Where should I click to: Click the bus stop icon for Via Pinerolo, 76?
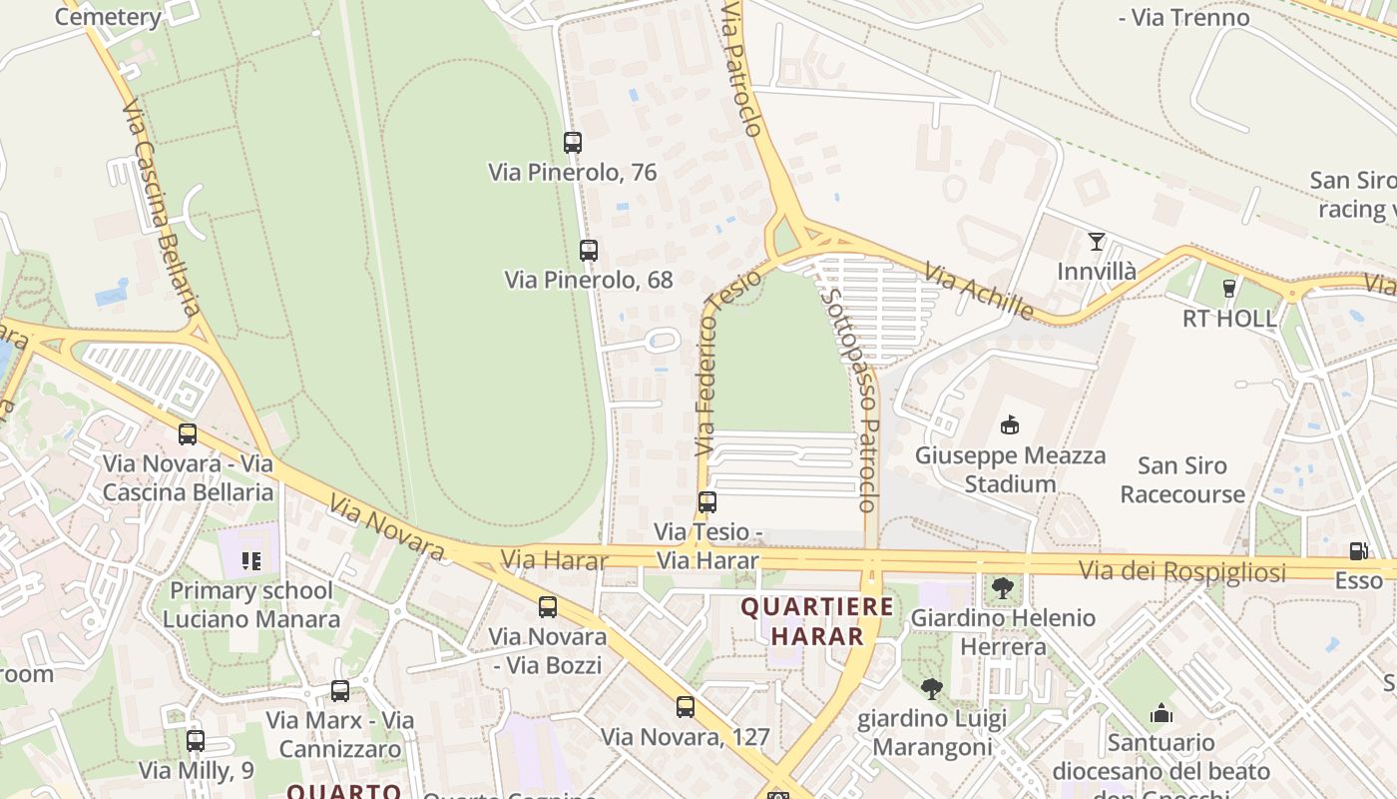(572, 143)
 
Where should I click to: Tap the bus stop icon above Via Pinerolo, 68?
(589, 251)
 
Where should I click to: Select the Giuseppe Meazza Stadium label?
(1010, 470)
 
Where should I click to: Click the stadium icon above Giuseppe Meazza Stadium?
(1010, 425)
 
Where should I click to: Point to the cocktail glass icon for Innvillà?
(1097, 242)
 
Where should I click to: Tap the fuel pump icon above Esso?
(1358, 551)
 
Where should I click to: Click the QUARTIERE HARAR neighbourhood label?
(816, 621)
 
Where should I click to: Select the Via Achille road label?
(979, 292)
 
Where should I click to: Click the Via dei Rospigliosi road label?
(1181, 571)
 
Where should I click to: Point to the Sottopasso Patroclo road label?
(849, 399)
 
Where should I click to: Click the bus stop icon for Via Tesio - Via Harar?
(707, 502)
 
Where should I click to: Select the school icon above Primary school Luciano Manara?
(250, 561)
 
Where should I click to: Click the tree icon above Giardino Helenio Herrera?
(1003, 588)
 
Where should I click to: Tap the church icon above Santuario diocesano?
(1161, 713)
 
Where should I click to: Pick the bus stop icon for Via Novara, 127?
(685, 707)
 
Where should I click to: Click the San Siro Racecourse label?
(1182, 479)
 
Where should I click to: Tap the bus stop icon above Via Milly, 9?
(196, 741)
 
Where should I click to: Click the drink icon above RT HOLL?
(1228, 289)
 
